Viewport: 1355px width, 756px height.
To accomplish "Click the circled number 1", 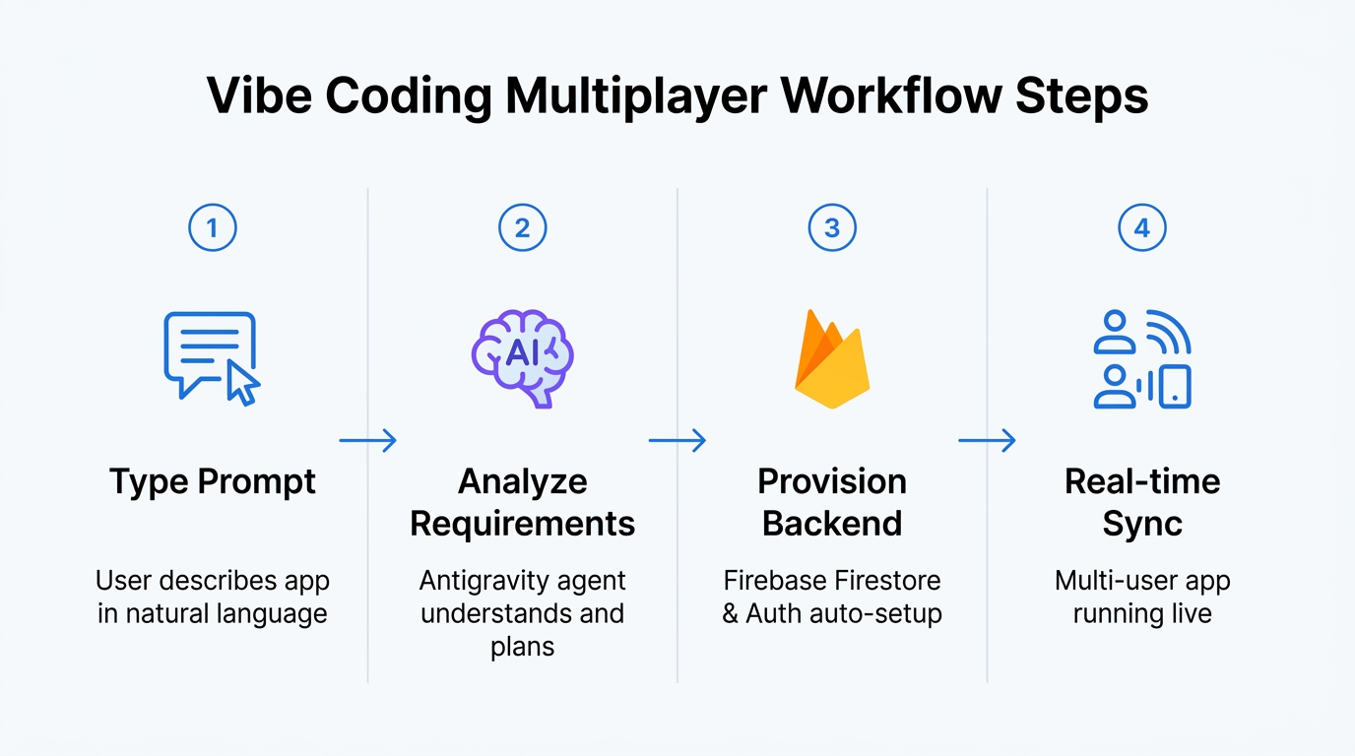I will pyautogui.click(x=212, y=228).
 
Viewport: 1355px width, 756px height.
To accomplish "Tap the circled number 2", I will pyautogui.click(x=522, y=228).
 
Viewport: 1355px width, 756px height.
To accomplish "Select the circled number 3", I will pyautogui.click(x=832, y=228).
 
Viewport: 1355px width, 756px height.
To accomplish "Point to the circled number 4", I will pyautogui.click(x=1142, y=228).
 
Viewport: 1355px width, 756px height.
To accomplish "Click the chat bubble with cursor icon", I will pyautogui.click(x=211, y=356).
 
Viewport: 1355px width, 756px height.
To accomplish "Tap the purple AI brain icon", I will pyautogui.click(x=522, y=357).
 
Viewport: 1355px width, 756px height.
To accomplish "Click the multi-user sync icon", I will pyautogui.click(x=1142, y=359).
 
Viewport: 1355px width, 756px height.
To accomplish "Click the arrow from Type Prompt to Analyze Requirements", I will pyautogui.click(x=367, y=441).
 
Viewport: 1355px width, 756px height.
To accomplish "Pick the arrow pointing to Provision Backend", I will pyautogui.click(x=677, y=441).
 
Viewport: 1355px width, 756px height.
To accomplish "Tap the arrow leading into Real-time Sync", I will pyautogui.click(x=987, y=441).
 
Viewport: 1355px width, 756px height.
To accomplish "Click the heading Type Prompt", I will pyautogui.click(x=213, y=482).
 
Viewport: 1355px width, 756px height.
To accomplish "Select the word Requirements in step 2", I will pyautogui.click(x=522, y=524).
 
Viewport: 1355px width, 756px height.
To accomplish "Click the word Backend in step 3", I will pyautogui.click(x=832, y=524).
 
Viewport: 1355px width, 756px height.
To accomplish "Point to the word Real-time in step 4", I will pyautogui.click(x=1142, y=481).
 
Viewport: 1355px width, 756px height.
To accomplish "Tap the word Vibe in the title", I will pyautogui.click(x=259, y=97).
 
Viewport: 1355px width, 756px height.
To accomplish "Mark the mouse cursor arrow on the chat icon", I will pyautogui.click(x=242, y=384).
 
